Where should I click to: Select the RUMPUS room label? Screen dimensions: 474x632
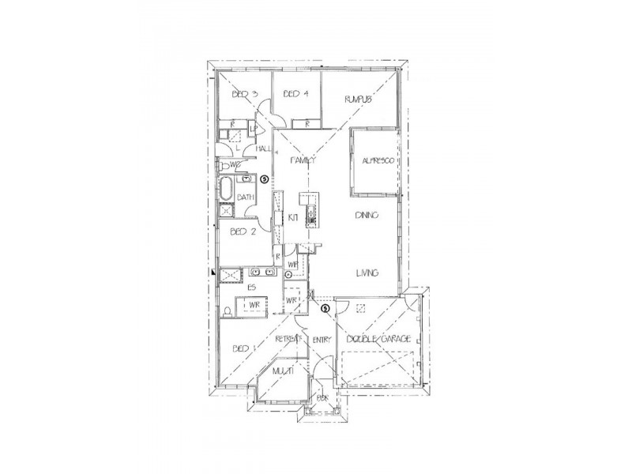(x=358, y=100)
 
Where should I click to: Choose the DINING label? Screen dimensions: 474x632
(x=367, y=215)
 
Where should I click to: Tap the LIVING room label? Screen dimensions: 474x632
(x=367, y=273)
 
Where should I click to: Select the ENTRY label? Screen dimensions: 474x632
(x=321, y=340)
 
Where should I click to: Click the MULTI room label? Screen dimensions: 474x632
(x=283, y=370)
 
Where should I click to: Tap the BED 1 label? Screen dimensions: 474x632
(x=245, y=348)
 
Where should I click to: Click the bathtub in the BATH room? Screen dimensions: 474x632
(x=228, y=190)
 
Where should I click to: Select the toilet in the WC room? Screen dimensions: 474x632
(x=226, y=165)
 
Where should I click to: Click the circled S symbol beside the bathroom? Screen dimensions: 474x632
(x=265, y=179)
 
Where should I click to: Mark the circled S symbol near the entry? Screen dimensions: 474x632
(x=324, y=308)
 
